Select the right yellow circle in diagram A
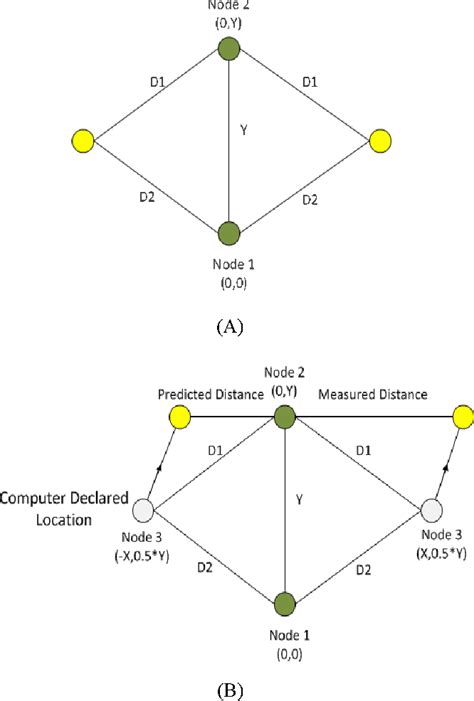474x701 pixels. [x=378, y=140]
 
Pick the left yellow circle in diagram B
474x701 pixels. [x=180, y=416]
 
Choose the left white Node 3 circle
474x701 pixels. [x=149, y=510]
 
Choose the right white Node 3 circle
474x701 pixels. [x=431, y=510]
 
